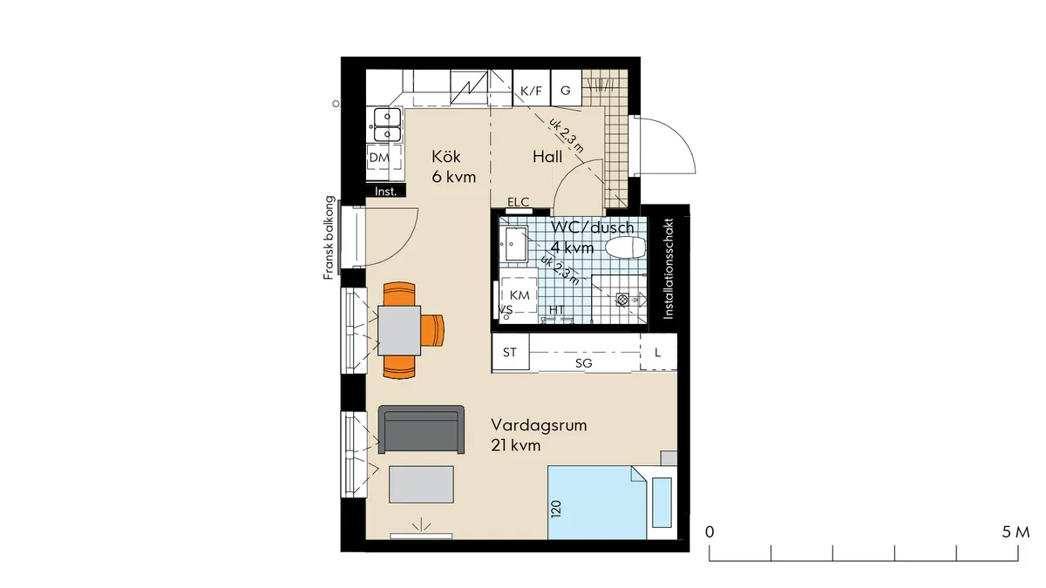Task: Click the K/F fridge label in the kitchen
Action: click(x=530, y=91)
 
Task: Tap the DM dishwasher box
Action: click(x=378, y=158)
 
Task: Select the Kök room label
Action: click(x=445, y=157)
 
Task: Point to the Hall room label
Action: click(x=547, y=157)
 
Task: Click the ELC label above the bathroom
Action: click(x=518, y=203)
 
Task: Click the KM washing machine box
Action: click(x=520, y=296)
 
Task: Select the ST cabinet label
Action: click(x=510, y=353)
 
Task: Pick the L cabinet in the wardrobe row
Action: click(x=658, y=353)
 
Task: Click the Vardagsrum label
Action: click(x=538, y=426)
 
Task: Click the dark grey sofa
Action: click(x=423, y=430)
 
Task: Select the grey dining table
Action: click(x=399, y=331)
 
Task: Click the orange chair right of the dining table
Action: click(x=433, y=330)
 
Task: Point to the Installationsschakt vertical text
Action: click(x=669, y=269)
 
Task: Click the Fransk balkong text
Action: click(x=329, y=237)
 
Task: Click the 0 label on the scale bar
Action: click(x=710, y=531)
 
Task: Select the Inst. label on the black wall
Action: click(x=385, y=192)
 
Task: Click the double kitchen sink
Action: click(x=387, y=124)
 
